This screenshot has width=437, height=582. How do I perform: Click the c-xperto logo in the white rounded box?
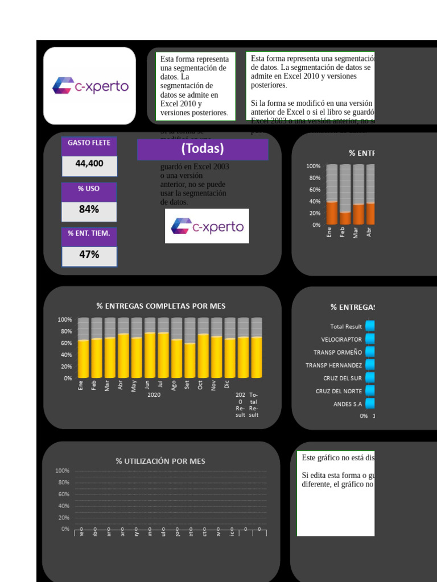[x=90, y=86]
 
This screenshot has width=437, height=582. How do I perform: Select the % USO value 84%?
[x=89, y=210]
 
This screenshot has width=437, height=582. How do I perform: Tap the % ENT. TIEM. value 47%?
[x=89, y=255]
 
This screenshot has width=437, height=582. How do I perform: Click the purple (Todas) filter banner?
[x=203, y=149]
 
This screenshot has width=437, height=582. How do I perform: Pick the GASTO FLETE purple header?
[x=89, y=143]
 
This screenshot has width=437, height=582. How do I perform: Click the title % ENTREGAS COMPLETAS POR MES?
[x=161, y=306]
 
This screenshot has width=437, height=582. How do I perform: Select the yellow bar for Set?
[x=190, y=360]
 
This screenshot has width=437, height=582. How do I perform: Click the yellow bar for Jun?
[x=150, y=355]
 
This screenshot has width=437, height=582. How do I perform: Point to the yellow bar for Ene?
[x=83, y=358]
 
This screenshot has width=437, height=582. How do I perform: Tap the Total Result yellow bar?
[x=257, y=357]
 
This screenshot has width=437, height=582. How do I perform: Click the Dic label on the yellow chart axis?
[x=227, y=385]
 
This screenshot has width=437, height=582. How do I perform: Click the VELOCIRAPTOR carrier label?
[x=341, y=339]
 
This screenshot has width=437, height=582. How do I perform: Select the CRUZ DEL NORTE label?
[x=339, y=391]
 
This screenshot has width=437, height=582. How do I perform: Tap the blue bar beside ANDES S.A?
[x=370, y=404]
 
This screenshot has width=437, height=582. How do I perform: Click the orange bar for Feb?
[x=345, y=218]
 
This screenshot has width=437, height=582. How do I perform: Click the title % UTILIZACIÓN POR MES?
[x=160, y=461]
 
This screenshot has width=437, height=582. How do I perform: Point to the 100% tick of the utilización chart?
[x=63, y=471]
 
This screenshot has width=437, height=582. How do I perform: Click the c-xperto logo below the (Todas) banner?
[x=207, y=226]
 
